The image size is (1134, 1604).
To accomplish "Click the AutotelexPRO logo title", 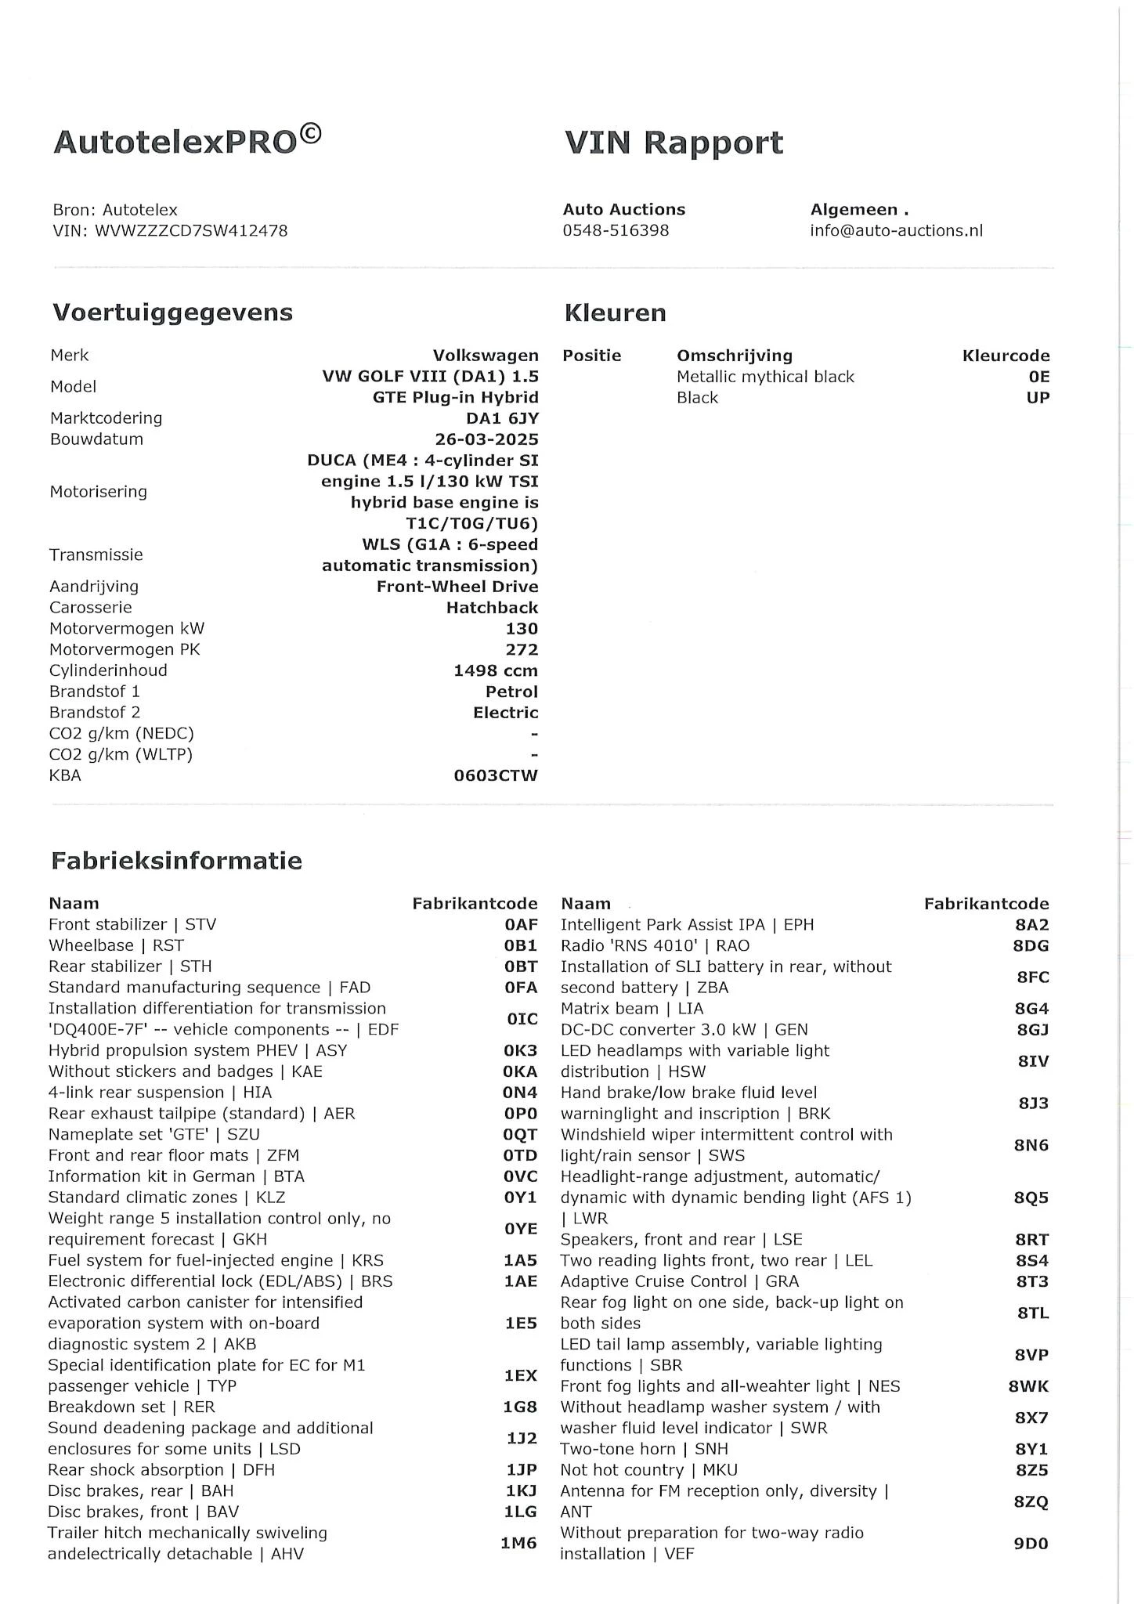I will click(x=187, y=141).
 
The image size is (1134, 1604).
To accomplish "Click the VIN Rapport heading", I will click(x=674, y=143).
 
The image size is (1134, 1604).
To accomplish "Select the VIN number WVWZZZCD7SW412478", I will click(x=191, y=230).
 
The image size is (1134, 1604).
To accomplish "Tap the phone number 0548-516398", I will click(x=616, y=230).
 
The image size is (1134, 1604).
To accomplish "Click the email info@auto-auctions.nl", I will click(x=896, y=230).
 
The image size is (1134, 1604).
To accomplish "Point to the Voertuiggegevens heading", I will click(x=172, y=312).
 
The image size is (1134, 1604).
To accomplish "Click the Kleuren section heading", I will click(x=615, y=312).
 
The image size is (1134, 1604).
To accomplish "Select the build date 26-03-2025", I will click(x=486, y=439).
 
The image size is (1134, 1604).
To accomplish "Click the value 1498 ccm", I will click(x=495, y=670).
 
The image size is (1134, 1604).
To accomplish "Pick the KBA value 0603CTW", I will click(x=496, y=775).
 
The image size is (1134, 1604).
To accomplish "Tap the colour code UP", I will click(x=1038, y=397).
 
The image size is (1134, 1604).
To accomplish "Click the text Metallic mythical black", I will click(x=765, y=377).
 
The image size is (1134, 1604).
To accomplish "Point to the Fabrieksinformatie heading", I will click(x=176, y=861).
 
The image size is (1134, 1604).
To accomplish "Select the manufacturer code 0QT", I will click(x=520, y=1134).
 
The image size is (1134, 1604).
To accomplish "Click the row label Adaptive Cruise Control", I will click(x=654, y=1281).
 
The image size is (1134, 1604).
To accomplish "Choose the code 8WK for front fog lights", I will click(x=1028, y=1386).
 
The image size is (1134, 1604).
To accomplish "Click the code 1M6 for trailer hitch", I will click(x=518, y=1543).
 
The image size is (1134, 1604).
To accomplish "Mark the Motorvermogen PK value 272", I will click(x=522, y=649).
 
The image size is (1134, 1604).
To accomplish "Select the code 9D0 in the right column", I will click(x=1031, y=1543).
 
